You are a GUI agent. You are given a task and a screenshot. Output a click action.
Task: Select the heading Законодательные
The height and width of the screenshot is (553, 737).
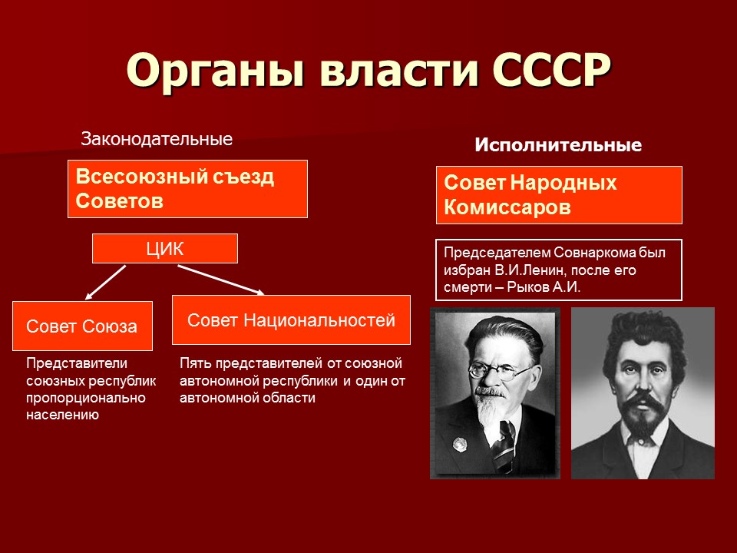(157, 140)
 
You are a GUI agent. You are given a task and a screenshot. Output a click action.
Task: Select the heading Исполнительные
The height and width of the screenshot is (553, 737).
(558, 145)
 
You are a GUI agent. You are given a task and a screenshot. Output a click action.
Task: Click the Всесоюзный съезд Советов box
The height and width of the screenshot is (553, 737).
(187, 189)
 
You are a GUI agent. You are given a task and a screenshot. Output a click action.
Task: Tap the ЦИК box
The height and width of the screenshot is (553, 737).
(164, 248)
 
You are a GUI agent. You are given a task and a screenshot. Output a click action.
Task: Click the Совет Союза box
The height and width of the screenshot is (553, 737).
(82, 326)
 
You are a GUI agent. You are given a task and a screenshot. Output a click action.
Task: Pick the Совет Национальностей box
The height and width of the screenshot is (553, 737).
(291, 320)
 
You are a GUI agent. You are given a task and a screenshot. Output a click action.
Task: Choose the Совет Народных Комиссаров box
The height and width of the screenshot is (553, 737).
(559, 195)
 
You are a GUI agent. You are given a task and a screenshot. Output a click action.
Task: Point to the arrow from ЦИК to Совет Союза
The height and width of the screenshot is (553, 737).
(105, 282)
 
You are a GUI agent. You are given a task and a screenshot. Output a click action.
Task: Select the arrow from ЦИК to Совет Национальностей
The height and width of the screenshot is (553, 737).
(221, 280)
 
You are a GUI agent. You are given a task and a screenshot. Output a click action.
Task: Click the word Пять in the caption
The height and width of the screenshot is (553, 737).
(194, 363)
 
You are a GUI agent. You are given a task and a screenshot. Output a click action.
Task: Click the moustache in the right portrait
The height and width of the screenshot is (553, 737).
(641, 399)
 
